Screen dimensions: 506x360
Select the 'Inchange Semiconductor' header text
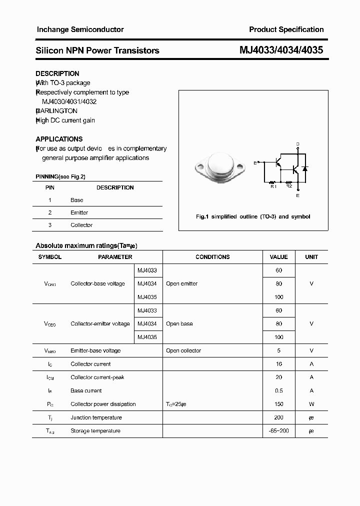tap(80, 29)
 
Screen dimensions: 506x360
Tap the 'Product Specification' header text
tap(286, 29)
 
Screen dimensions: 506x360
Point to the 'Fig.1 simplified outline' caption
tap(252, 216)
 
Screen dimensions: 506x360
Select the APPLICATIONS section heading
tap(59, 139)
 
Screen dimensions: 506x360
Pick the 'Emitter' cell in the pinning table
tap(79, 212)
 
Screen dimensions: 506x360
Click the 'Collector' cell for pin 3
tap(81, 225)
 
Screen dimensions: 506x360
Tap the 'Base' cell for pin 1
tap(76, 200)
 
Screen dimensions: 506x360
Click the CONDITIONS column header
tap(212, 257)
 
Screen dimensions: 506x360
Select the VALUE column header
tap(278, 257)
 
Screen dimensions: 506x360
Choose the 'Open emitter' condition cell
tap(181, 283)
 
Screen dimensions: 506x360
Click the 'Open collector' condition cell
tap(183, 350)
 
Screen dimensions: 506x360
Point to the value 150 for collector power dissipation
tap(278, 404)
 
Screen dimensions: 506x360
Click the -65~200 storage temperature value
tap(278, 431)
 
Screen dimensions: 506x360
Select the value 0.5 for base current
tap(278, 390)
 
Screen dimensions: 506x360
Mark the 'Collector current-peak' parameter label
tap(97, 377)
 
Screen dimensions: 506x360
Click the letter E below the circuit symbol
tap(298, 195)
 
